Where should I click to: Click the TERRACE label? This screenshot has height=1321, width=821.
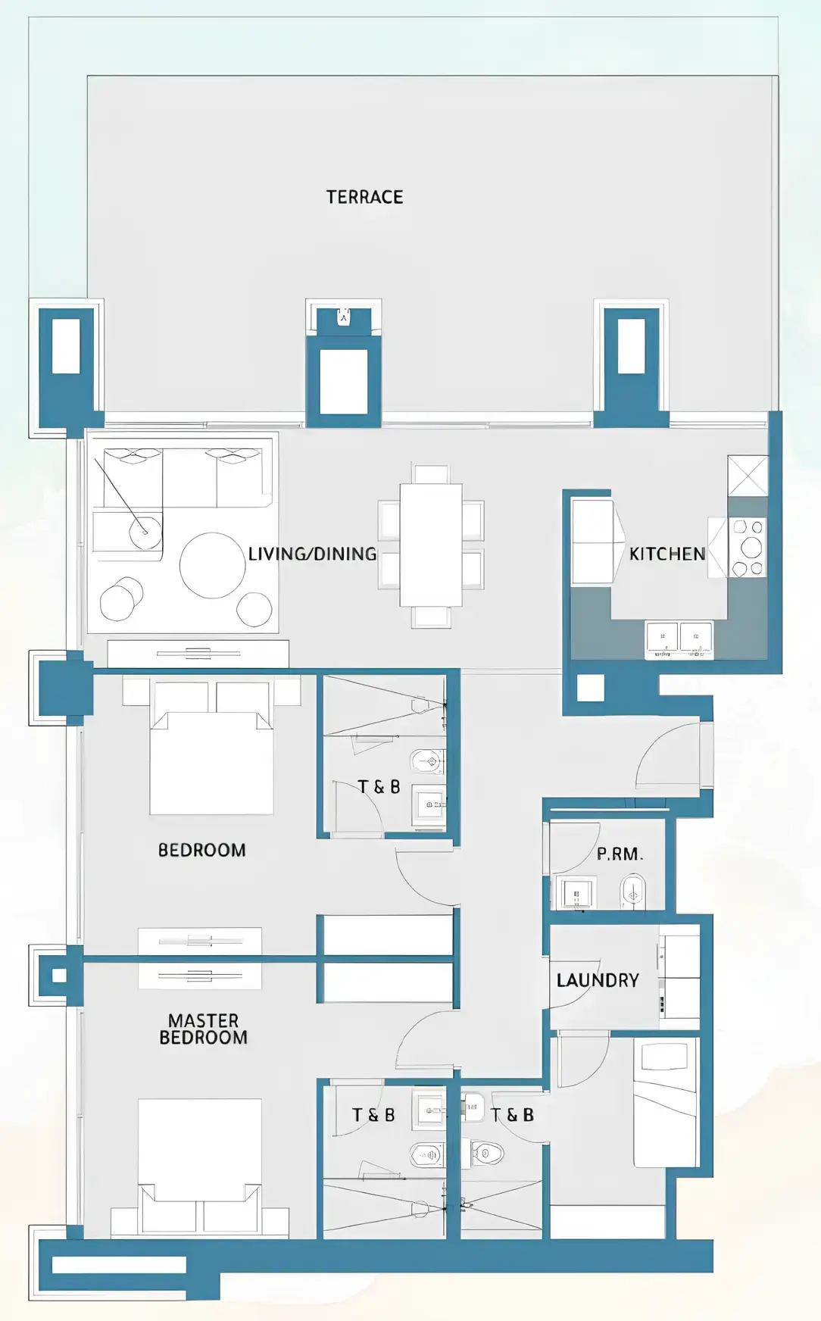364,197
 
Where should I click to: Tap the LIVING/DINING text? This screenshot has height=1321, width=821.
312,554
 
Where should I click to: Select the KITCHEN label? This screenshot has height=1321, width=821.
666,554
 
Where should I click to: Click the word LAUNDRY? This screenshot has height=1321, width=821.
598,980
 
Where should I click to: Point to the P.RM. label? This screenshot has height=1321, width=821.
620,854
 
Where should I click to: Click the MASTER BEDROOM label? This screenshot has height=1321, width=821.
203,1029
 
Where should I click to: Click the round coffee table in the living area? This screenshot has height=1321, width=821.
212,565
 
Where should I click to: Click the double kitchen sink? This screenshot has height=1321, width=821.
679,639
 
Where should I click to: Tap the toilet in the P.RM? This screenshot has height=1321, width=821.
632,892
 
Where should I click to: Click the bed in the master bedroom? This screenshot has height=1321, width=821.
200,1159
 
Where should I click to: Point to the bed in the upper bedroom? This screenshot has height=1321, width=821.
211,757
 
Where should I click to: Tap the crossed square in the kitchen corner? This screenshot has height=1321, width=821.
748,476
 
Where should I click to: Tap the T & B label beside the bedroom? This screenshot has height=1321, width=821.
379,787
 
